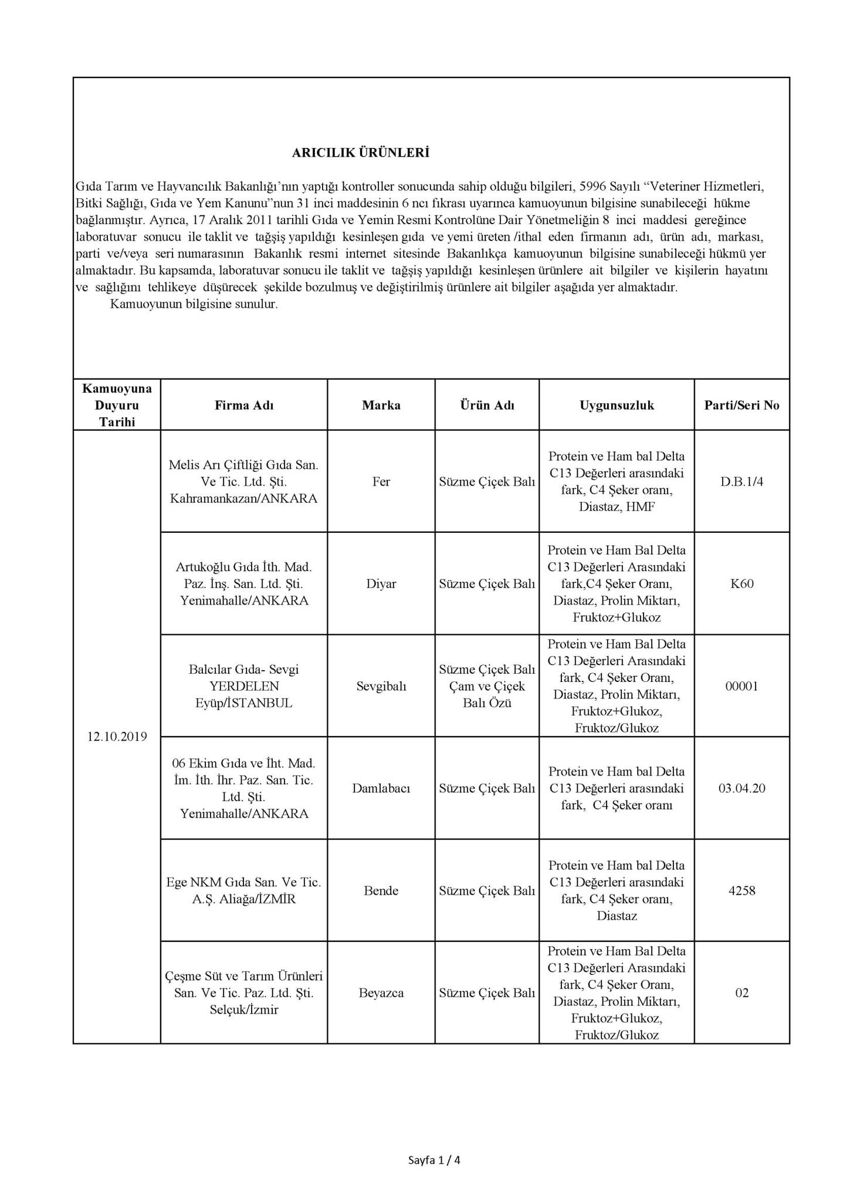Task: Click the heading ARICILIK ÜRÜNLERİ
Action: click(361, 153)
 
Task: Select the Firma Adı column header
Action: click(243, 405)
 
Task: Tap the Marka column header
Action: click(381, 405)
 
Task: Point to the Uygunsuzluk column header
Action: click(617, 405)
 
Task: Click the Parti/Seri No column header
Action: click(741, 405)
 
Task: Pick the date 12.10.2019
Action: click(117, 737)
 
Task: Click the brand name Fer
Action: click(381, 481)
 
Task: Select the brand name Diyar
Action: click(381, 583)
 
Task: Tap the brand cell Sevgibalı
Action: click(381, 686)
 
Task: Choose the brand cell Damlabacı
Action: click(381, 788)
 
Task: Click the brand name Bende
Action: click(381, 890)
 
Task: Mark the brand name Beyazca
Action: click(381, 992)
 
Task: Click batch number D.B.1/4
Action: click(741, 481)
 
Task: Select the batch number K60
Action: click(741, 583)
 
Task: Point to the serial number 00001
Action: click(741, 686)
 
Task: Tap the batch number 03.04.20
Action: click(741, 788)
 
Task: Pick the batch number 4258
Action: click(741, 890)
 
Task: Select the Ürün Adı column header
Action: click(487, 405)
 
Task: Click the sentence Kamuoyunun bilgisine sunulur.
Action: click(194, 305)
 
